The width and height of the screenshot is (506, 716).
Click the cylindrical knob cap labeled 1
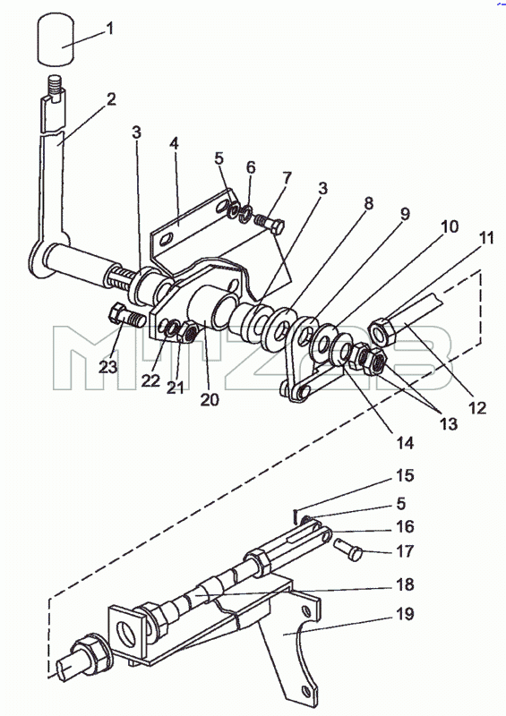coord(56,38)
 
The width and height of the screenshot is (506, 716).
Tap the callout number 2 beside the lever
coord(111,99)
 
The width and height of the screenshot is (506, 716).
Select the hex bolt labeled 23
coord(125,315)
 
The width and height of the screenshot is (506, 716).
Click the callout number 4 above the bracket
coord(174,143)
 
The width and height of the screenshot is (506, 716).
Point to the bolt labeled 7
coord(270,224)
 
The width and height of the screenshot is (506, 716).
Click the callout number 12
coord(477,408)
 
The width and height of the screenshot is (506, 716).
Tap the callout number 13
coord(449,423)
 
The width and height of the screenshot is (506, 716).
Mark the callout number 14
coord(405,442)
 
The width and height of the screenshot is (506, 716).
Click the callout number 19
coord(405,614)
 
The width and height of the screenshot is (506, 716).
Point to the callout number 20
coord(210,399)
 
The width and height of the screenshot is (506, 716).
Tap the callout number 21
coord(175,388)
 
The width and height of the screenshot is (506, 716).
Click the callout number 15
coord(405,475)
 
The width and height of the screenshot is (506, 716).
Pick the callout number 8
coord(368,203)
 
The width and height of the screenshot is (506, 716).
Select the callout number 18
coord(405,585)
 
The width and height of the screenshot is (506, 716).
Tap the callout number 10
coord(450,226)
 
